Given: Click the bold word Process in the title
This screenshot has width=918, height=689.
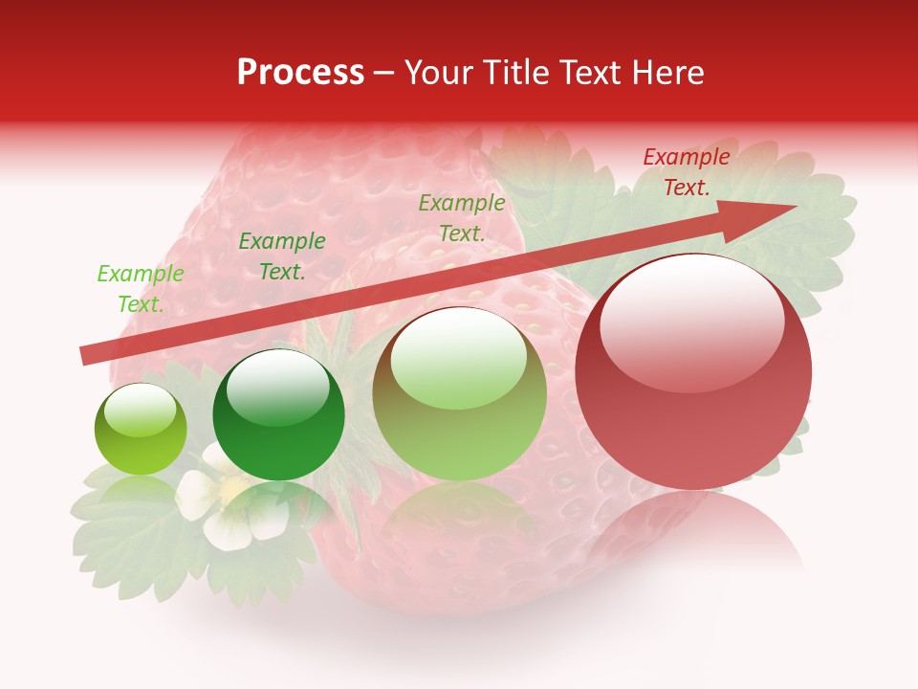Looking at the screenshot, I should click(300, 73).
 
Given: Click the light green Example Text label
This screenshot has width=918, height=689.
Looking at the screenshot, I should click(141, 289).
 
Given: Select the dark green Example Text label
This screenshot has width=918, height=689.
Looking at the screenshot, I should click(282, 256).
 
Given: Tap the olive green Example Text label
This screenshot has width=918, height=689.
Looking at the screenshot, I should click(462, 218).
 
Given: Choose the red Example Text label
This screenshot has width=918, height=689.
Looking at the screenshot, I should click(686, 172).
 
